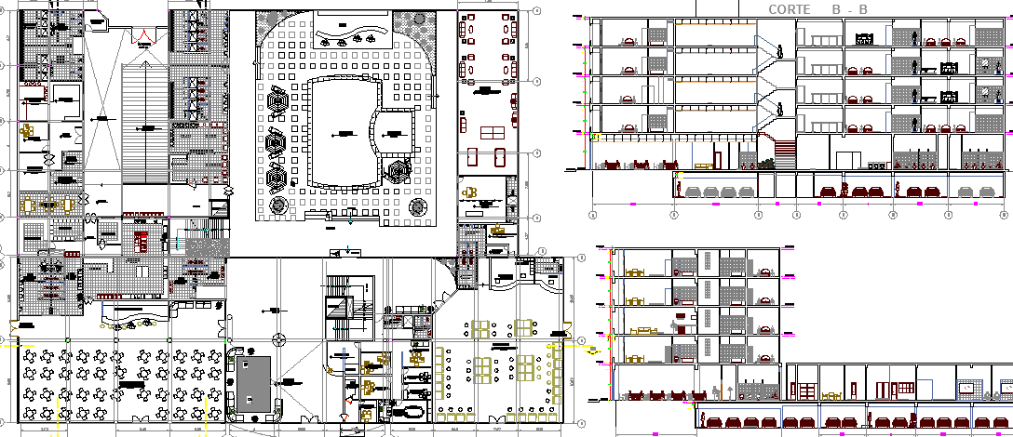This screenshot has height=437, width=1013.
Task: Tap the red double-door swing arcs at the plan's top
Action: click(x=143, y=37)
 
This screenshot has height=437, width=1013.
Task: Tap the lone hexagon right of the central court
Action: click(x=400, y=172)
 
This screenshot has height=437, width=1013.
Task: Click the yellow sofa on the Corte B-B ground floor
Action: click(x=703, y=166)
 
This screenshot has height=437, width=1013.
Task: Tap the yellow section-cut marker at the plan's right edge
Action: click(x=592, y=351)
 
